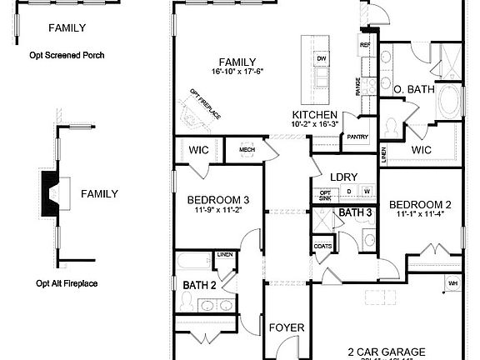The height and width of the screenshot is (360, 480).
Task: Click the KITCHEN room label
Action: pyautogui.click(x=314, y=114)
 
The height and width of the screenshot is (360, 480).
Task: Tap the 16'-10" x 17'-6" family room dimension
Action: pyautogui.click(x=237, y=73)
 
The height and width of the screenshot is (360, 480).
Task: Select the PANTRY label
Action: pyautogui.click(x=357, y=137)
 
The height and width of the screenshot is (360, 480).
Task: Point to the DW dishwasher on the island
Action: pyautogui.click(x=321, y=58)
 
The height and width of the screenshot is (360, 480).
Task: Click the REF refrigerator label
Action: pyautogui.click(x=364, y=45)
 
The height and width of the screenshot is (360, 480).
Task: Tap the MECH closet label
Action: pyautogui.click(x=247, y=150)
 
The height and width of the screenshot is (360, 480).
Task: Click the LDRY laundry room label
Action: pyautogui.click(x=343, y=177)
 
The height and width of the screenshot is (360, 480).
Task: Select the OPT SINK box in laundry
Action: pyautogui.click(x=325, y=195)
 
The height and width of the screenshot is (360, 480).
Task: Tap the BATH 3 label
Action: pyautogui.click(x=355, y=213)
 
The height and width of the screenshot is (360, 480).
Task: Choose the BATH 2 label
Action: pyautogui.click(x=199, y=285)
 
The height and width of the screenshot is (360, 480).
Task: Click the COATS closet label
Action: pyautogui.click(x=322, y=247)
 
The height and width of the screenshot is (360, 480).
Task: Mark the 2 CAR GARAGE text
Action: pyautogui.click(x=387, y=352)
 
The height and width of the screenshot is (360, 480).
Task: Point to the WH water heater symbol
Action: pyautogui.click(x=453, y=283)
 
